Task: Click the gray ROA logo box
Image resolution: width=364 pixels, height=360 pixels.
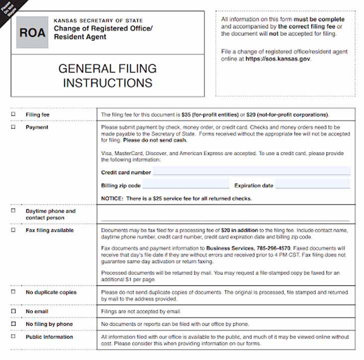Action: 32,32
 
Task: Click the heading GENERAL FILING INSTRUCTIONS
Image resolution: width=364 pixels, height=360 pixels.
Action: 107,75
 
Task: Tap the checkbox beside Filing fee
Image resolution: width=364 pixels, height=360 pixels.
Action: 13,114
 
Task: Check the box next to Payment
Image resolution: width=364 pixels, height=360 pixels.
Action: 13,127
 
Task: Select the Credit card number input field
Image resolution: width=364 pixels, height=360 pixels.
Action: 251,172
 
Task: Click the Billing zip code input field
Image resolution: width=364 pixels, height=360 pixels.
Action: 185,185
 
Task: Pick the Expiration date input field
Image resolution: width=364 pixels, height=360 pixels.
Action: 313,185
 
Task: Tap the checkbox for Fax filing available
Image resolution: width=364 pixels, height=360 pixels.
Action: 13,230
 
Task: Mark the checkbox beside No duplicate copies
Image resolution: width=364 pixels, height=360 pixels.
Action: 13,292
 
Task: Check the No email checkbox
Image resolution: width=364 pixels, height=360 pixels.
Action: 13,311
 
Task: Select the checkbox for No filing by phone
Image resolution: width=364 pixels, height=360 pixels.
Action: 13,324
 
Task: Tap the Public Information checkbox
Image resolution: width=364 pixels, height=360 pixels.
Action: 13,337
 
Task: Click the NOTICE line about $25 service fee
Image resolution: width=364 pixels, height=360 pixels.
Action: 177,198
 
